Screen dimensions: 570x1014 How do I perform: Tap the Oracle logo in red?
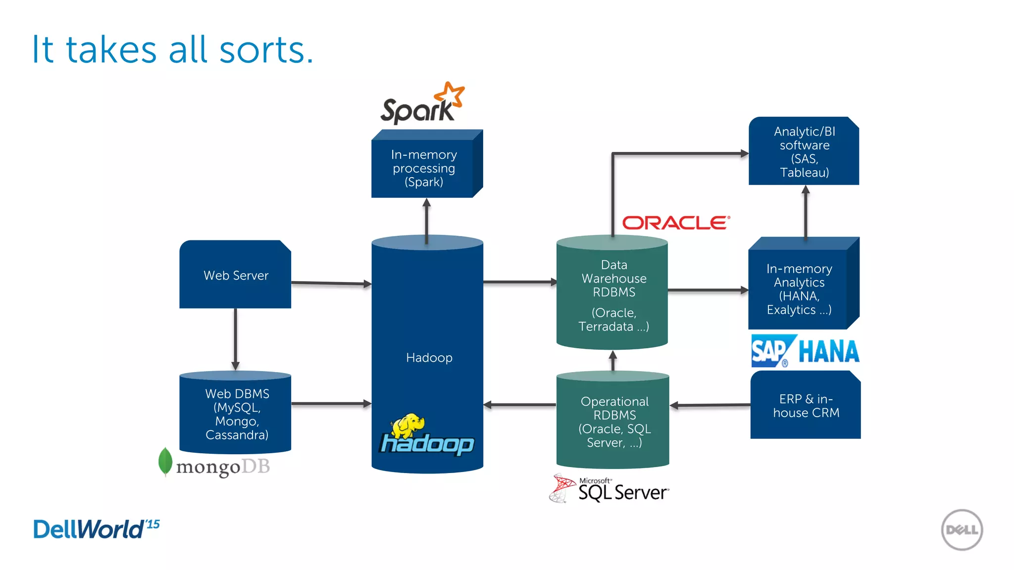(x=676, y=223)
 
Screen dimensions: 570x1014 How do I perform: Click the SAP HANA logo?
(x=805, y=351)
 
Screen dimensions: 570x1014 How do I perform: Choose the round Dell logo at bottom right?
(x=962, y=529)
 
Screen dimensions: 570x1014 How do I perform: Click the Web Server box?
(x=235, y=275)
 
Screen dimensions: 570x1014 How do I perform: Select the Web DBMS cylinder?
(x=236, y=414)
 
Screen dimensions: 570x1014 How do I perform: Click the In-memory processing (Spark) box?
(x=424, y=168)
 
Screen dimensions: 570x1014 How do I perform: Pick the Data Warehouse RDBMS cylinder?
(x=612, y=295)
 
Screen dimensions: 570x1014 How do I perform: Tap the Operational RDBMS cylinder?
(x=613, y=421)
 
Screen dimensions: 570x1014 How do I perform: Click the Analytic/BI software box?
(x=804, y=151)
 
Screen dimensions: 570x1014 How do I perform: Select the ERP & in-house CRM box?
(x=806, y=406)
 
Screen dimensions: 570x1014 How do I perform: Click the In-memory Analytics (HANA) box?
(x=799, y=289)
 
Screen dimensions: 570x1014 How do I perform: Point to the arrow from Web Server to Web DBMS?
(x=236, y=339)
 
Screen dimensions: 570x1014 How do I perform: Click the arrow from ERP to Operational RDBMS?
(x=710, y=405)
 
